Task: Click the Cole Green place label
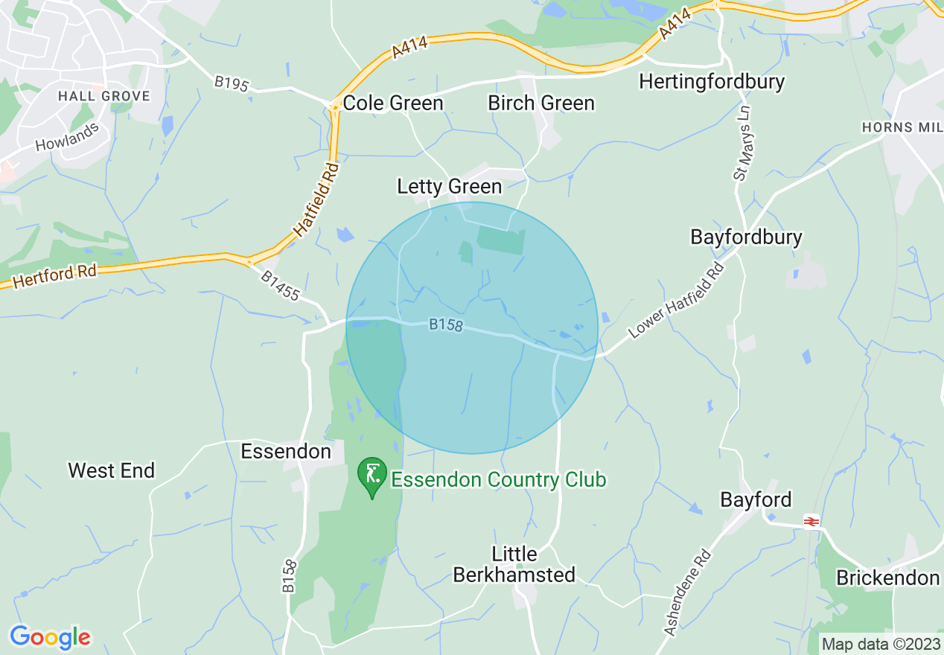tap(392, 103)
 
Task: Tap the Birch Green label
tap(541, 103)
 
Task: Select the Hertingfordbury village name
tap(712, 81)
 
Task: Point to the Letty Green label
tap(450, 186)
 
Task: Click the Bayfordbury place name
tap(747, 237)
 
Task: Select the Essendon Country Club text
tap(499, 480)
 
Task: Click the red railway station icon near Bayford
tap(811, 522)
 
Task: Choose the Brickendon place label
tap(887, 578)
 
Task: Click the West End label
tap(112, 470)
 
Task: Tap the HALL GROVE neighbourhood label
tap(104, 96)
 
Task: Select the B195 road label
tap(231, 83)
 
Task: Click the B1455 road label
tap(280, 286)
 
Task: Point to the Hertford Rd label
tap(55, 273)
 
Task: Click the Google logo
tap(50, 637)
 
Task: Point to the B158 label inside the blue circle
tap(446, 325)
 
